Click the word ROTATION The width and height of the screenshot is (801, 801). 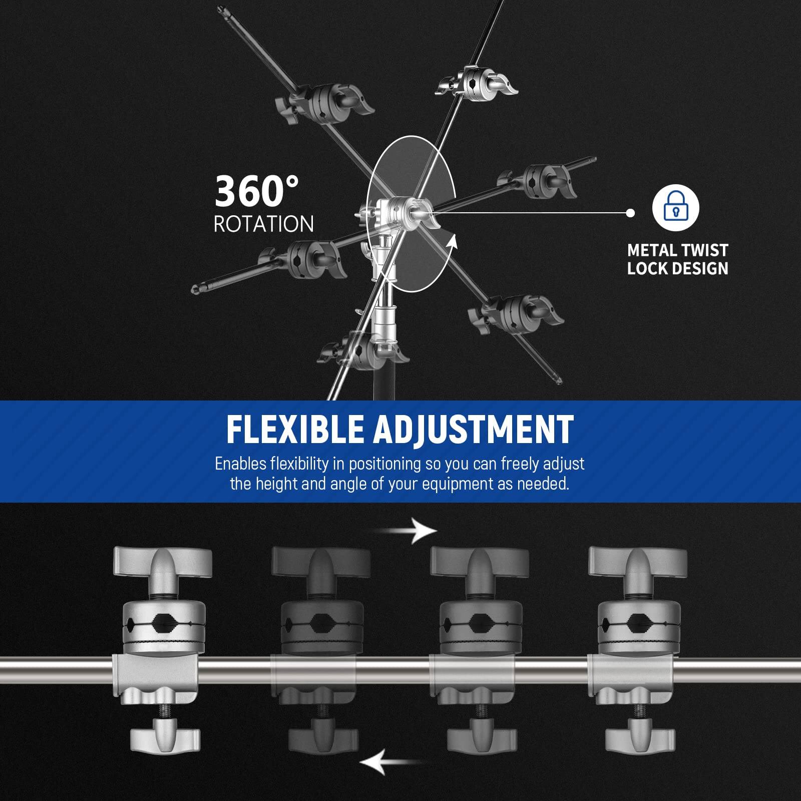tap(264, 224)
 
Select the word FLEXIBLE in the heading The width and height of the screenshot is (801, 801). tap(294, 429)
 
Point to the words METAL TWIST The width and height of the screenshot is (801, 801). tap(677, 250)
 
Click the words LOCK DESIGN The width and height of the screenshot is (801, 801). tap(677, 269)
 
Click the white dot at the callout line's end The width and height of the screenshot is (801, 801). tap(631, 213)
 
